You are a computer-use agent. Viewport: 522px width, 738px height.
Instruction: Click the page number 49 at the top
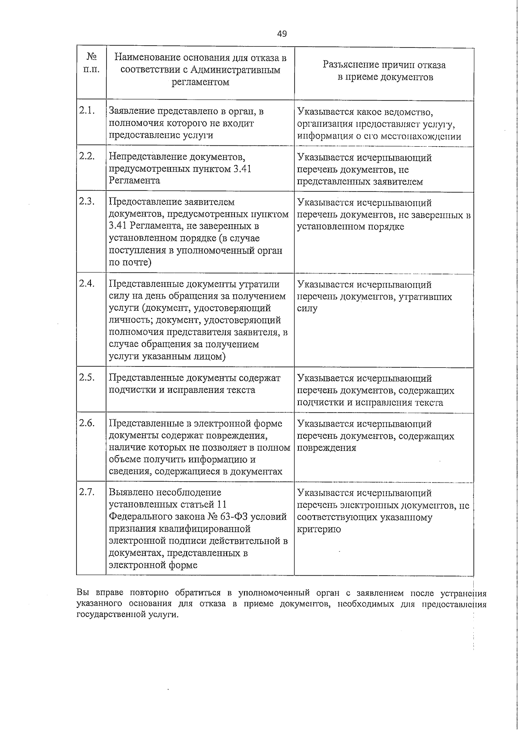click(281, 34)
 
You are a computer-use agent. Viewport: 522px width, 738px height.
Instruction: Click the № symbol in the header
click(91, 57)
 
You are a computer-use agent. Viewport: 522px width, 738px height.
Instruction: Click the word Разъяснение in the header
click(351, 65)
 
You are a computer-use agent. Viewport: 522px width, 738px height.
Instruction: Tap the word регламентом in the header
click(201, 82)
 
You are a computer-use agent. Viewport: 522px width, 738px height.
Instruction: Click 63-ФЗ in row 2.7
click(243, 517)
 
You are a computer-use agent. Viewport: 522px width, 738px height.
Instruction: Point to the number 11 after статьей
click(221, 504)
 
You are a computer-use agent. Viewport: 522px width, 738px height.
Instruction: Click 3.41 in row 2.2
click(242, 168)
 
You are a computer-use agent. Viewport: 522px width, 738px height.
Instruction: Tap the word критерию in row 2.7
click(319, 530)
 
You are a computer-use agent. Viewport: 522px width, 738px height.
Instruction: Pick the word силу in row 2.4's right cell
click(307, 309)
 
